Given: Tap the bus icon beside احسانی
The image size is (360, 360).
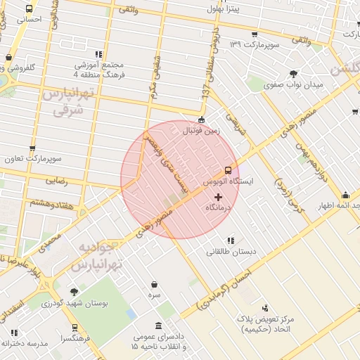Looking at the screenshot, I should (x=29, y=9).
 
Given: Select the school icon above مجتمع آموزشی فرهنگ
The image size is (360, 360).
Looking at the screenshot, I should (x=98, y=54).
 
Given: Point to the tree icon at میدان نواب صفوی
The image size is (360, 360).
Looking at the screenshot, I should (x=293, y=74).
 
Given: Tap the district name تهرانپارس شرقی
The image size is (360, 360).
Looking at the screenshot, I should (x=67, y=102).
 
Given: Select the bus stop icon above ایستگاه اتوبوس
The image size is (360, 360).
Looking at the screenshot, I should (x=227, y=170).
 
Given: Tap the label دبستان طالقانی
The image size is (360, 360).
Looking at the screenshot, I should (x=231, y=250).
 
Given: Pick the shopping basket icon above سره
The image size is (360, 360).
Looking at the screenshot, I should (x=154, y=285).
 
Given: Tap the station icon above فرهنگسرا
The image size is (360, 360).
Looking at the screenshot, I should (x=75, y=328).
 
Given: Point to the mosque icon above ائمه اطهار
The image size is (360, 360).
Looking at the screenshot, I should (x=345, y=195).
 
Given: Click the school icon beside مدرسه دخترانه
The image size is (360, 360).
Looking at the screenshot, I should (x=14, y=333).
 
